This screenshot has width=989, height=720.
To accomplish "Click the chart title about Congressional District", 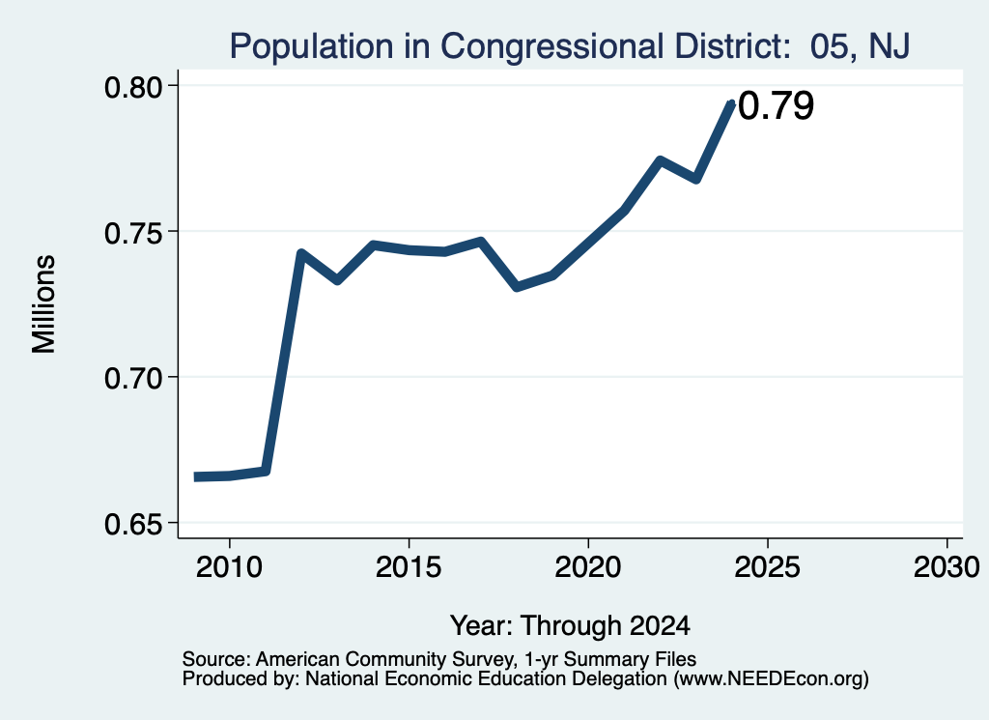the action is click(x=570, y=46).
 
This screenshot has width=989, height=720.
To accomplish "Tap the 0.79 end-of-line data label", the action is click(x=776, y=105).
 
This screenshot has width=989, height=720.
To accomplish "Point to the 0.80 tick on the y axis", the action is click(x=133, y=86).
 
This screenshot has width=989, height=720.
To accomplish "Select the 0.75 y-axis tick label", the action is click(x=133, y=232).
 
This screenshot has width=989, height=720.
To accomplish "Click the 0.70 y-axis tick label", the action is click(x=133, y=378).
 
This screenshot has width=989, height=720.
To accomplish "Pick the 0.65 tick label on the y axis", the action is click(x=133, y=524).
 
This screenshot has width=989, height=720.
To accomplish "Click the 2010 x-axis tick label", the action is click(x=229, y=566).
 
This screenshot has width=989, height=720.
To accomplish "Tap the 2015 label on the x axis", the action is click(x=409, y=566).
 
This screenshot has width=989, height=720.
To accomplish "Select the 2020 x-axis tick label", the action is click(x=588, y=566).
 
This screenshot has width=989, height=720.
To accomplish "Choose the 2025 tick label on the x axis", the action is click(x=768, y=566).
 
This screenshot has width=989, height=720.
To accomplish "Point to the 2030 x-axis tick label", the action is click(x=947, y=566).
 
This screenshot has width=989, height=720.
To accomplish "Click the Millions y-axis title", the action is click(x=43, y=303).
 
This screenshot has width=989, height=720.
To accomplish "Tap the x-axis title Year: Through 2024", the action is click(x=570, y=625).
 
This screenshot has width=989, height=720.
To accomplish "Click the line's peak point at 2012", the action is click(x=301, y=253).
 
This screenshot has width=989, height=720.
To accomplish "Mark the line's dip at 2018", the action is click(x=517, y=287).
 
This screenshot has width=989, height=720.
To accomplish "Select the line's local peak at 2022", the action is click(x=660, y=160).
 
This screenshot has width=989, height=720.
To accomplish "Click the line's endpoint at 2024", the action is click(x=732, y=103).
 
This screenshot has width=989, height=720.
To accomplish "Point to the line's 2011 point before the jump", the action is click(x=266, y=472).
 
